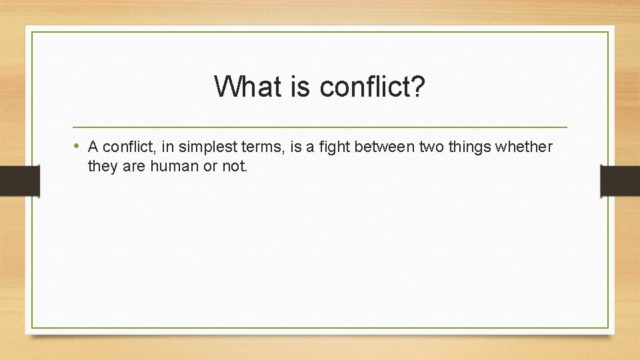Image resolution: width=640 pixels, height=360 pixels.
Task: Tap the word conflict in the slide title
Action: [363, 87]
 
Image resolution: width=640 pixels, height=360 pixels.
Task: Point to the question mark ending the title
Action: [419, 87]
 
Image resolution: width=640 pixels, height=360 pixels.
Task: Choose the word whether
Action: [526, 147]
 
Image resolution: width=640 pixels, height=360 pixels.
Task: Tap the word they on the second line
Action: [102, 166]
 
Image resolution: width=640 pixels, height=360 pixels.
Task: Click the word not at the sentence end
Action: [234, 166]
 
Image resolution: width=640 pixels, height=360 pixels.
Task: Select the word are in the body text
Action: [133, 166]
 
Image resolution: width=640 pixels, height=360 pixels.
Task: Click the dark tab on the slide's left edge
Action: [19, 181]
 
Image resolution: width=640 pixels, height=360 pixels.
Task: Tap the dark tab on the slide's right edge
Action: [620, 181]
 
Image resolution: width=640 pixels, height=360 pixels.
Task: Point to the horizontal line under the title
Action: [320, 127]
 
